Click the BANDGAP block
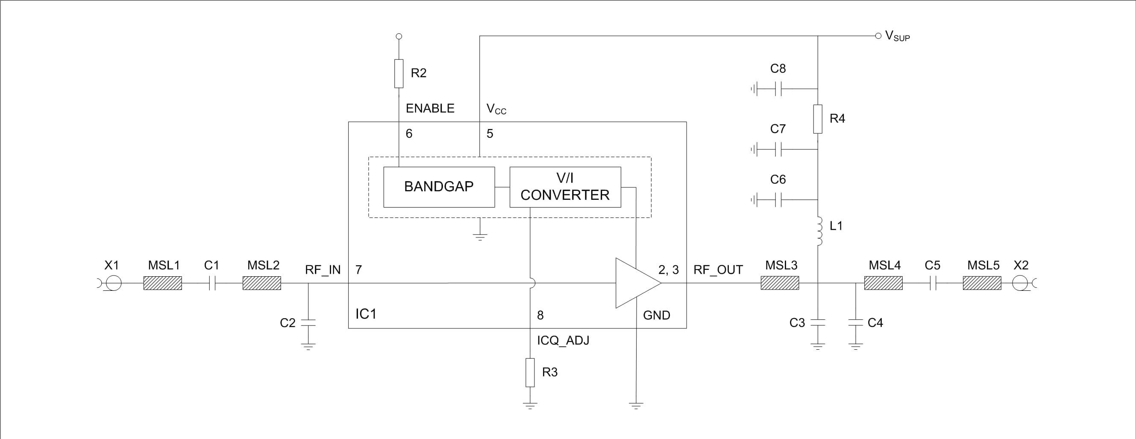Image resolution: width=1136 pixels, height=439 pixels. (439, 187)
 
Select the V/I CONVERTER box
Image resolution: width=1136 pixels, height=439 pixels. (565, 187)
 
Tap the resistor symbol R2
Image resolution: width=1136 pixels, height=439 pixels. (399, 73)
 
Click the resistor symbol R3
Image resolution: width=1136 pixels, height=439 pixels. (530, 372)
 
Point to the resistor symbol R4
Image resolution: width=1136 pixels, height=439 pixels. (818, 119)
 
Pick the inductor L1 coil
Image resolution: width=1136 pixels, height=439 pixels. (819, 231)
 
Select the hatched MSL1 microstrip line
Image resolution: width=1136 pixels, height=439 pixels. (163, 283)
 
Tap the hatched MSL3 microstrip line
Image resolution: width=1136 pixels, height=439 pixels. (780, 283)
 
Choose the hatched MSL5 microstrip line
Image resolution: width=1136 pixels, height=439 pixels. (982, 283)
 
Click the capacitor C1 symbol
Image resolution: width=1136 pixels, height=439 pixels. (211, 283)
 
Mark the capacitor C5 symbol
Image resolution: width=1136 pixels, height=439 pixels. (932, 283)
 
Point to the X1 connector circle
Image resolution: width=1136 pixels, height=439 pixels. (113, 283)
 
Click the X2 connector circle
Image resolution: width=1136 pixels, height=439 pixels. (1019, 283)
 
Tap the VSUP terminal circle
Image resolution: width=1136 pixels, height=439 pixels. (878, 36)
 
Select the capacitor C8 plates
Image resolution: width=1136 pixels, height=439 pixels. (778, 89)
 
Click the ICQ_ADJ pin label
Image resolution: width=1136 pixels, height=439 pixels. (563, 340)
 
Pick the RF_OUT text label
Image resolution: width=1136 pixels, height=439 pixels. (718, 270)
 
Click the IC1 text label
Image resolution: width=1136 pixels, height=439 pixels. (366, 314)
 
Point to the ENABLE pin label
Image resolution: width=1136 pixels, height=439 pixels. (430, 108)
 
